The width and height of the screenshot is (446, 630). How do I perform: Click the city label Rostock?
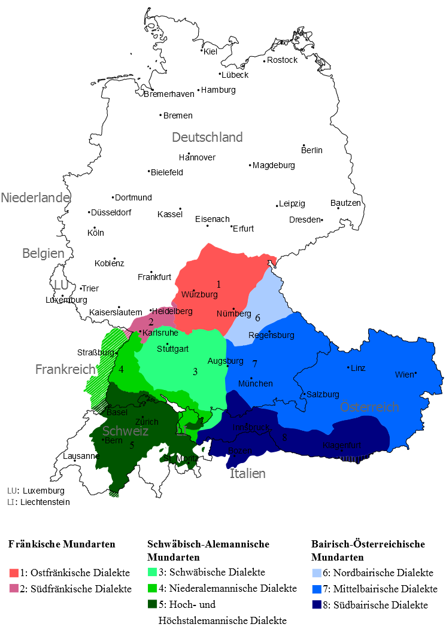(x=282, y=60)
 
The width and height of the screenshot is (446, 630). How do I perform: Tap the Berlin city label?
(x=312, y=150)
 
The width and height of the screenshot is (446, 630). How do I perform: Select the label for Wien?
(x=404, y=375)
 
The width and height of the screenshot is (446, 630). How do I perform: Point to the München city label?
(x=256, y=383)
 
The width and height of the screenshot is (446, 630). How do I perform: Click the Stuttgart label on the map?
(x=172, y=349)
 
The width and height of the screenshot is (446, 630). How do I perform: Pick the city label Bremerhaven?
(x=169, y=94)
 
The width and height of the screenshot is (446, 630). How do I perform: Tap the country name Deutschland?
(x=207, y=137)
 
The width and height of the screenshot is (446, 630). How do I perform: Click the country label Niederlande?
(x=35, y=197)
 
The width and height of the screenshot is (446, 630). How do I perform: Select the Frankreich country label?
(x=66, y=369)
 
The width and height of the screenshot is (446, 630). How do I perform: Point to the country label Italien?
(x=247, y=473)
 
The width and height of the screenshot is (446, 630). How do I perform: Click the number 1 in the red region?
(x=219, y=284)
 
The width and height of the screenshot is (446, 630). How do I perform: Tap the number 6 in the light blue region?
(x=257, y=318)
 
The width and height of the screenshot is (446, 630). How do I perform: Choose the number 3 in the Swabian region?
(x=195, y=372)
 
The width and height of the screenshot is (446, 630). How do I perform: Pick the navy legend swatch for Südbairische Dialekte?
(x=317, y=605)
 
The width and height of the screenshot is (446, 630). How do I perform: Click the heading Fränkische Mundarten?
(x=62, y=544)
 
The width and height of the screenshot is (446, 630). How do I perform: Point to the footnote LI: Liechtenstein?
(x=38, y=502)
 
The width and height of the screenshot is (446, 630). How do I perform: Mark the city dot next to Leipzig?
(x=277, y=206)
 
